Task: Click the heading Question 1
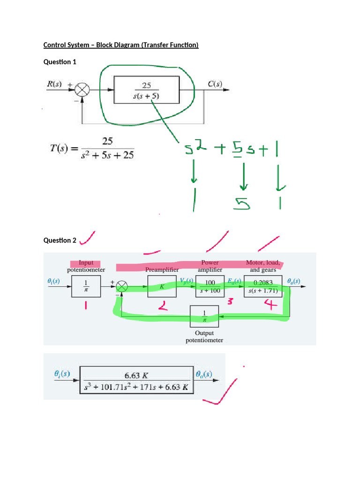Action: pos(60,62)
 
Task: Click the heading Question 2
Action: pos(60,240)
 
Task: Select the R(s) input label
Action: pos(54,85)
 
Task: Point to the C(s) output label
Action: pos(215,85)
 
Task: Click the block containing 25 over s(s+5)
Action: pos(146,90)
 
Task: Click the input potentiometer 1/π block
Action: pos(86,286)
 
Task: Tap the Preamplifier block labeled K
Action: pos(162,285)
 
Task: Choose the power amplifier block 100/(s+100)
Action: pos(209,285)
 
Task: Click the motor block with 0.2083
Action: pos(263,286)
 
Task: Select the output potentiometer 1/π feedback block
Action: pos(204,316)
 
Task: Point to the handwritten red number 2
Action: pos(162,307)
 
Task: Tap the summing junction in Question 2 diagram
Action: pos(122,286)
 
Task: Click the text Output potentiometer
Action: pos(204,337)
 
